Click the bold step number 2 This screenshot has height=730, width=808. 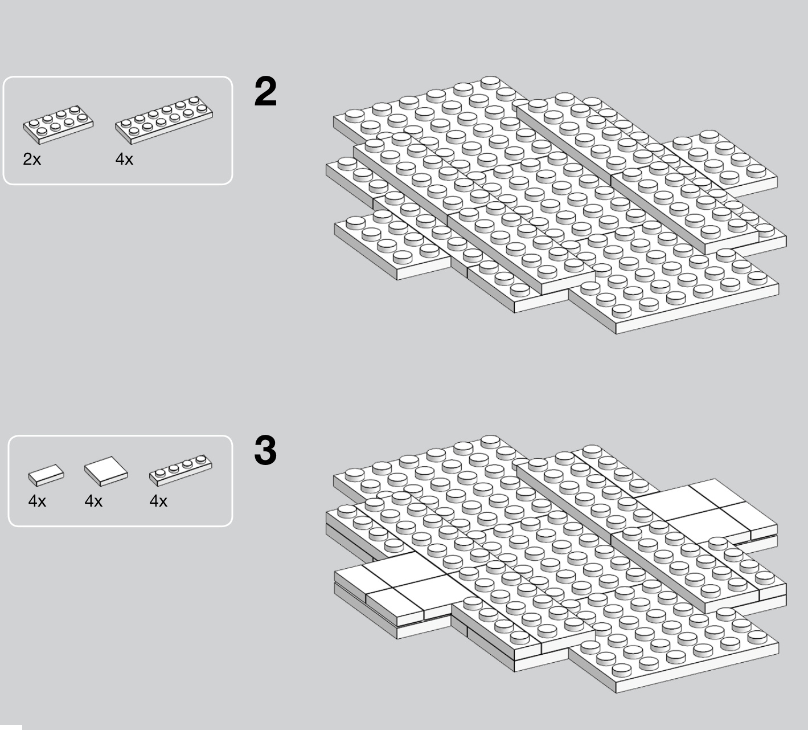(265, 92)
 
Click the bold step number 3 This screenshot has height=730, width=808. (265, 451)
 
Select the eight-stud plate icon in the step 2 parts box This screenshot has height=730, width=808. (58, 124)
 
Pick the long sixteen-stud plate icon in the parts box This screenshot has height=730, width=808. (163, 120)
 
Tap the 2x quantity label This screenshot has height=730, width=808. (32, 160)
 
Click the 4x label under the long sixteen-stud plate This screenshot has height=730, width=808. (124, 160)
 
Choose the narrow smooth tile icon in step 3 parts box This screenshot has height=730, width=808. (46, 475)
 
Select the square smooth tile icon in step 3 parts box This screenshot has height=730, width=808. (106, 471)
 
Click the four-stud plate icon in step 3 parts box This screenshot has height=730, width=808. (181, 470)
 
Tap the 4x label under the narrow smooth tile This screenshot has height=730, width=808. (37, 501)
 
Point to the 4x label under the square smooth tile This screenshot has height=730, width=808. (93, 501)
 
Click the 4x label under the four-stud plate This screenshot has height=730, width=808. (158, 501)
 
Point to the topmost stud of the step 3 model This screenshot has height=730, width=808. (490, 441)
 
